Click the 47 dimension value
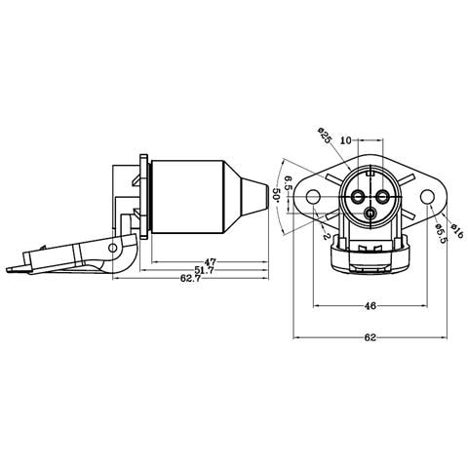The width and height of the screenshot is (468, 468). [x=210, y=262]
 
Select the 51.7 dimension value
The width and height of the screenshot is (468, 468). [x=204, y=270]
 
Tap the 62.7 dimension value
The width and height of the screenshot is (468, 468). [x=190, y=278]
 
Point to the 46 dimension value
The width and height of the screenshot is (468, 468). [x=370, y=306]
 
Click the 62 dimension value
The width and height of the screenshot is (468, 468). [x=370, y=337]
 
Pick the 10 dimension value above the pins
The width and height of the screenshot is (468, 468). [x=346, y=140]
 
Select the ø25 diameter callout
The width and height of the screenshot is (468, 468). [x=325, y=136]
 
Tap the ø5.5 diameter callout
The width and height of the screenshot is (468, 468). [x=441, y=234]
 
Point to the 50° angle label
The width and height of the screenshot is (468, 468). [x=276, y=195]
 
